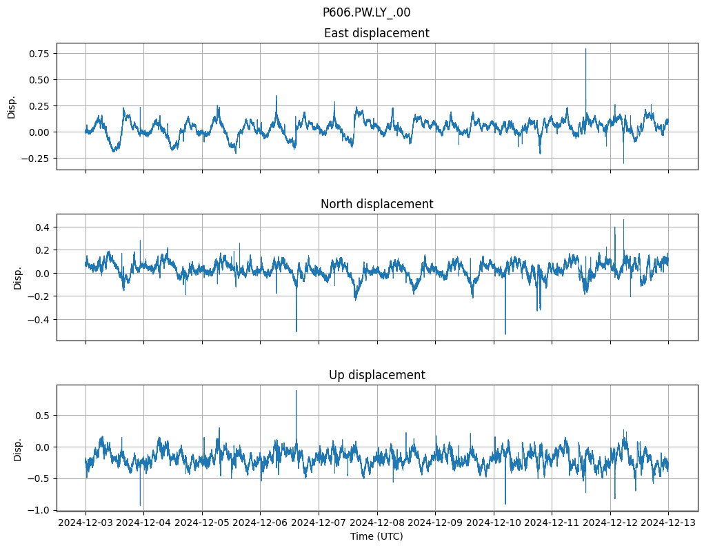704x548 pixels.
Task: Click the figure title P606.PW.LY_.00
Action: tap(366, 12)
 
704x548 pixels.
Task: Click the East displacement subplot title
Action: tap(376, 33)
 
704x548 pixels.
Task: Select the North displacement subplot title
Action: tap(376, 204)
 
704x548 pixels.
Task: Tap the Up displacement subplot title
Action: tap(376, 375)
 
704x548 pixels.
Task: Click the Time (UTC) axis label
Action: tap(376, 536)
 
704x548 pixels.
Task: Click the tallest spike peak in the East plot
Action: tap(586, 48)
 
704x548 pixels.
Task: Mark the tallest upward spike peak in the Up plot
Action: tap(296, 391)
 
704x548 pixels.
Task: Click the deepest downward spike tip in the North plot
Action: tap(505, 334)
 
